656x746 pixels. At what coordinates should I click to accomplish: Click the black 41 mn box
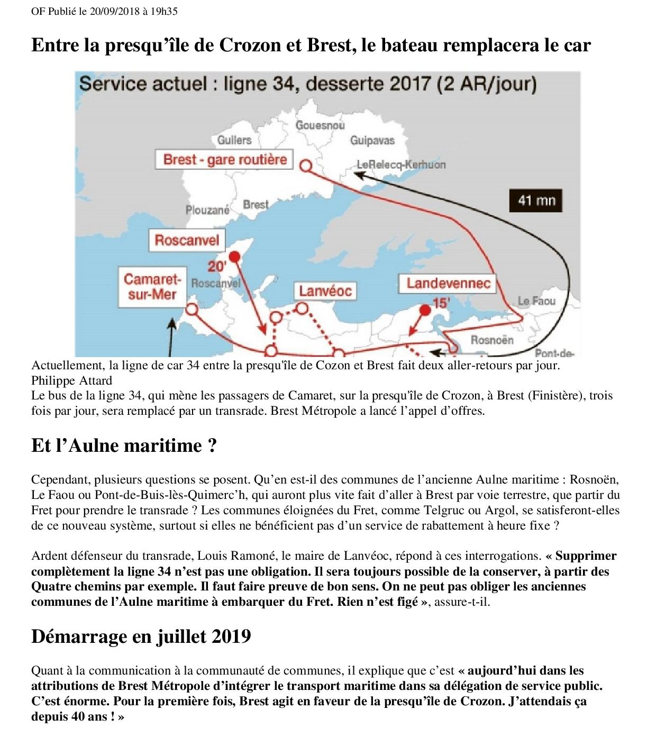click(x=536, y=201)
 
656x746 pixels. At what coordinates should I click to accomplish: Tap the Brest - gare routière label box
click(x=224, y=159)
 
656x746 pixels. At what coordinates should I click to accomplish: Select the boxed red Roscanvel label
click(x=186, y=240)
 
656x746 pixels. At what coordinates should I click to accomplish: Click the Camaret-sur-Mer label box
click(x=152, y=287)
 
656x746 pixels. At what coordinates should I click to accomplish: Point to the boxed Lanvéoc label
click(x=325, y=290)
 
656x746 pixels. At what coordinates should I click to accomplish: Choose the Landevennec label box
click(x=448, y=283)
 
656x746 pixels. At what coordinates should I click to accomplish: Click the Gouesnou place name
click(x=320, y=125)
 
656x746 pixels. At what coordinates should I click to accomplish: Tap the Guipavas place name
click(x=372, y=140)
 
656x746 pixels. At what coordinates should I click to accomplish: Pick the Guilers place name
click(x=234, y=140)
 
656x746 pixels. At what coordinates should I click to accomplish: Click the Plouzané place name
click(x=207, y=210)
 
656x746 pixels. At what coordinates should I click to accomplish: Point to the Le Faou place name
click(x=536, y=301)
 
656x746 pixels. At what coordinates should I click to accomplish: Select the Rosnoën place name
click(x=491, y=340)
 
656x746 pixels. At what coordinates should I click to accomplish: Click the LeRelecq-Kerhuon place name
click(x=401, y=165)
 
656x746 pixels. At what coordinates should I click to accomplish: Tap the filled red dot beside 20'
click(x=235, y=257)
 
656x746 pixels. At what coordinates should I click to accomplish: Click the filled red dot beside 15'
click(x=425, y=310)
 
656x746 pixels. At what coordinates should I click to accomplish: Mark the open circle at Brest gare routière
click(x=305, y=166)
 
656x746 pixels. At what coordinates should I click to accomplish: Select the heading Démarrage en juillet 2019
click(x=141, y=636)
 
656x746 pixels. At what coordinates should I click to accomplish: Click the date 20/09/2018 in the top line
click(x=114, y=11)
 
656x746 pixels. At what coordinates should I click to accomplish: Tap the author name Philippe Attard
click(x=71, y=380)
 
